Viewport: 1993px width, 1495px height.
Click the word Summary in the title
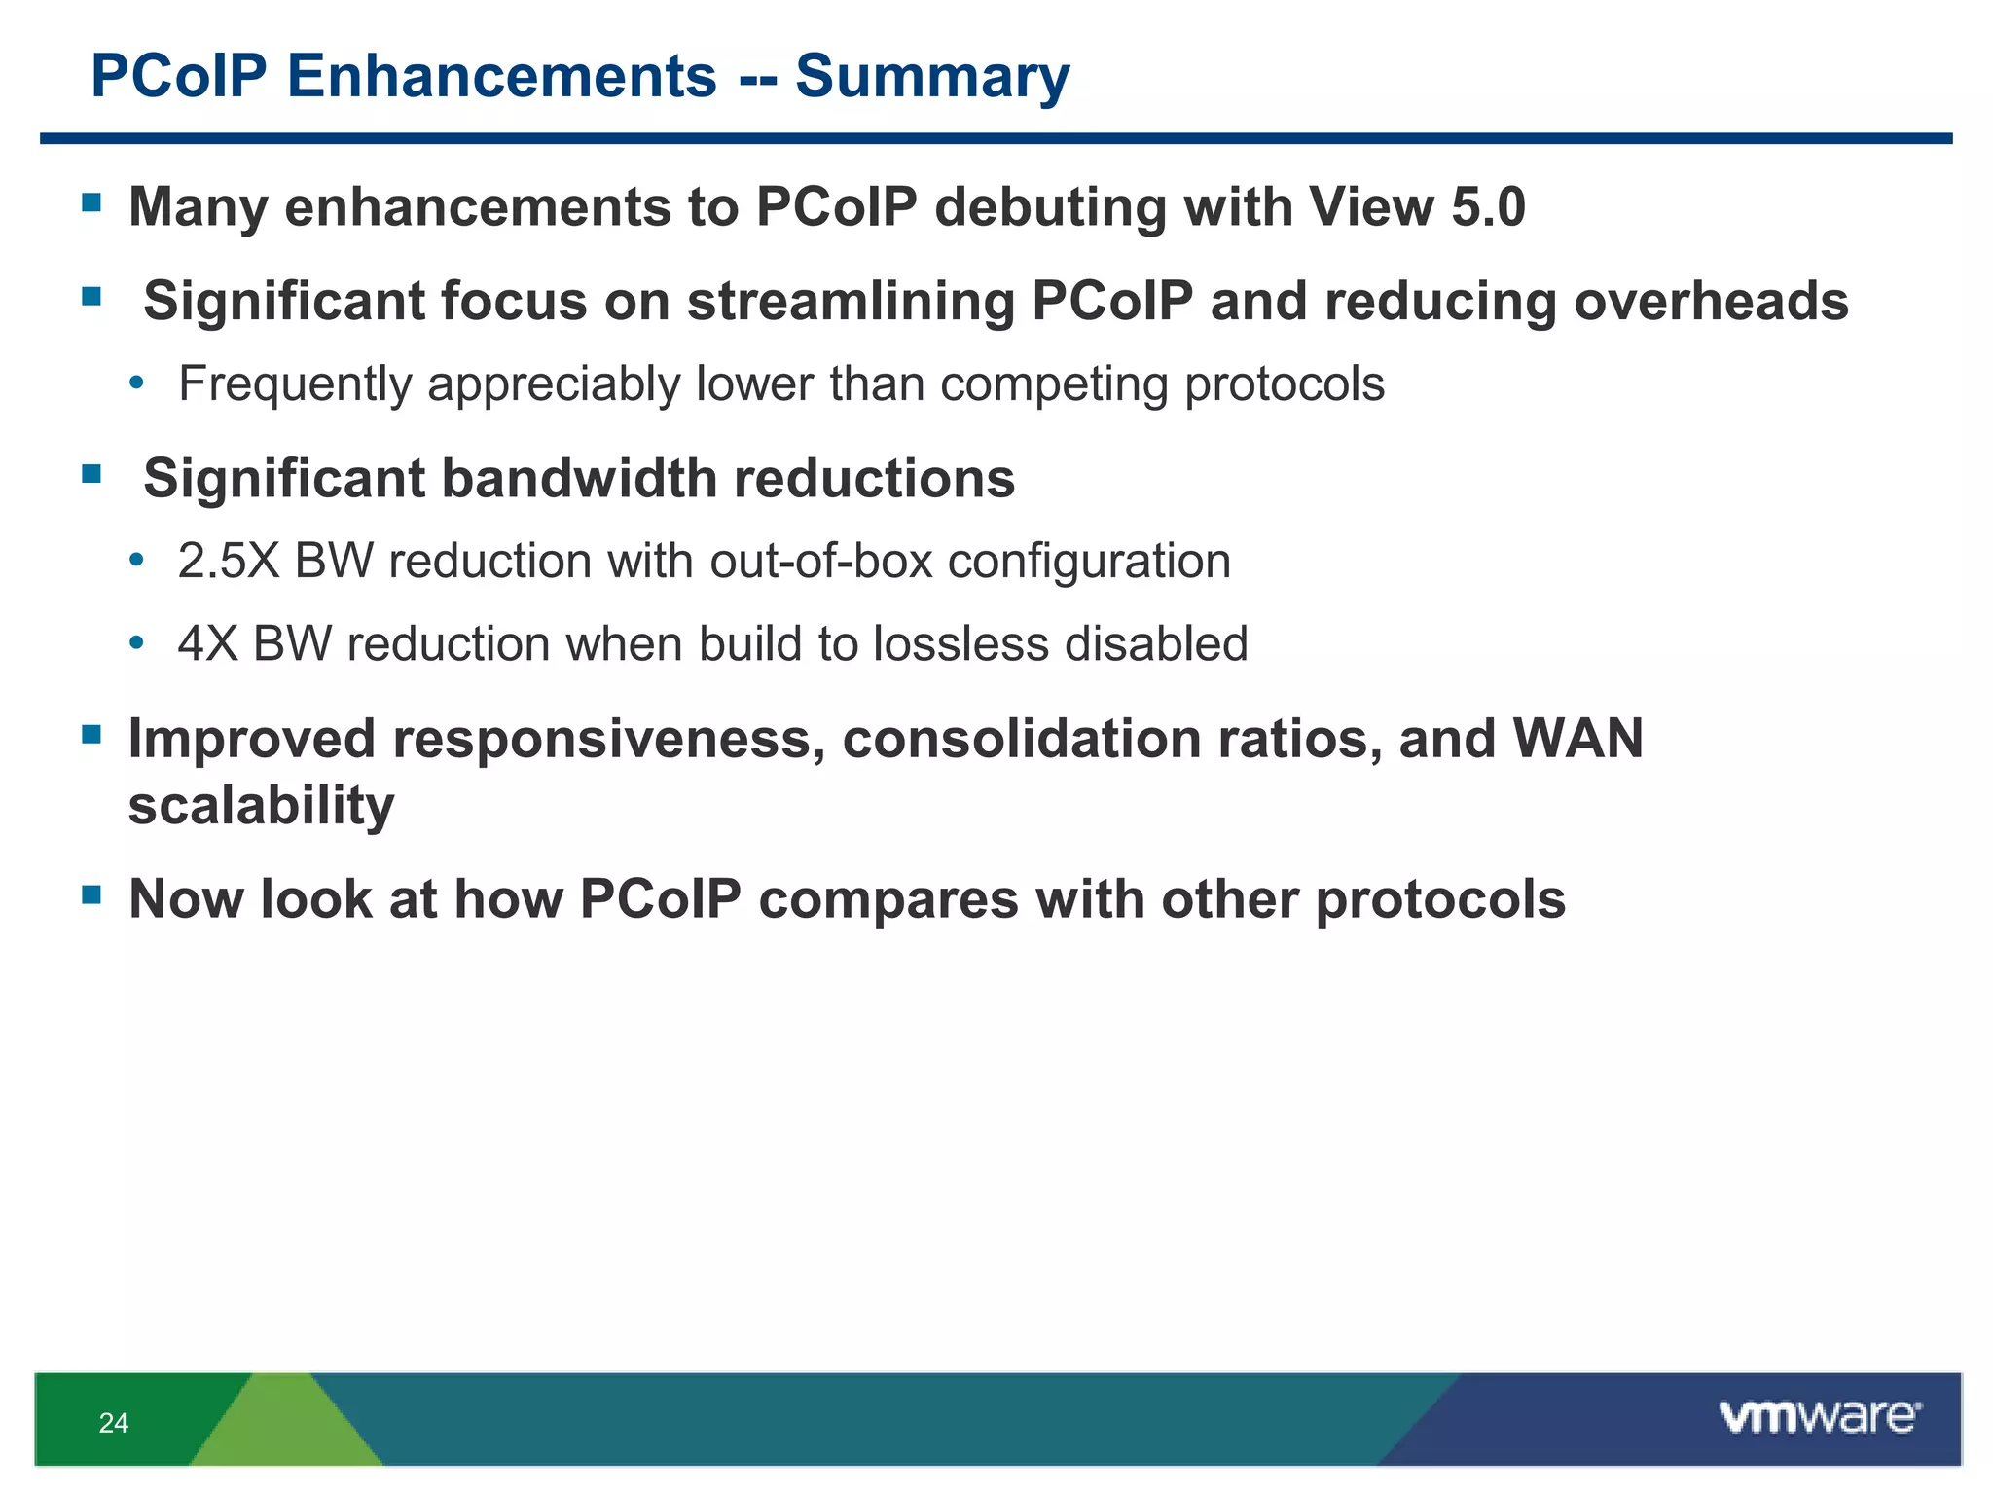click(931, 77)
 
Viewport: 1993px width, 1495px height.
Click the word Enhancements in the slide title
click(501, 77)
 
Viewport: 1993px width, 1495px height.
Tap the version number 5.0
click(1488, 207)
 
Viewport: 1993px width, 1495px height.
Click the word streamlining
click(851, 301)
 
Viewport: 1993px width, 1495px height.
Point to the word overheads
click(1711, 301)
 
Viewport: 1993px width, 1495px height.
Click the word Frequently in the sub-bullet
click(295, 384)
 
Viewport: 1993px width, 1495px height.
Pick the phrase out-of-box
click(820, 562)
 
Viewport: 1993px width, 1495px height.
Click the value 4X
click(207, 644)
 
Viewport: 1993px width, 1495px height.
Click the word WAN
click(1577, 739)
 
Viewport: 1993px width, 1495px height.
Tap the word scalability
click(261, 806)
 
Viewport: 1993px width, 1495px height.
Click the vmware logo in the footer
click(1819, 1417)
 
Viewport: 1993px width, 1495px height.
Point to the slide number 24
click(113, 1424)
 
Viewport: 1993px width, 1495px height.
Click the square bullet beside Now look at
click(91, 893)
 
